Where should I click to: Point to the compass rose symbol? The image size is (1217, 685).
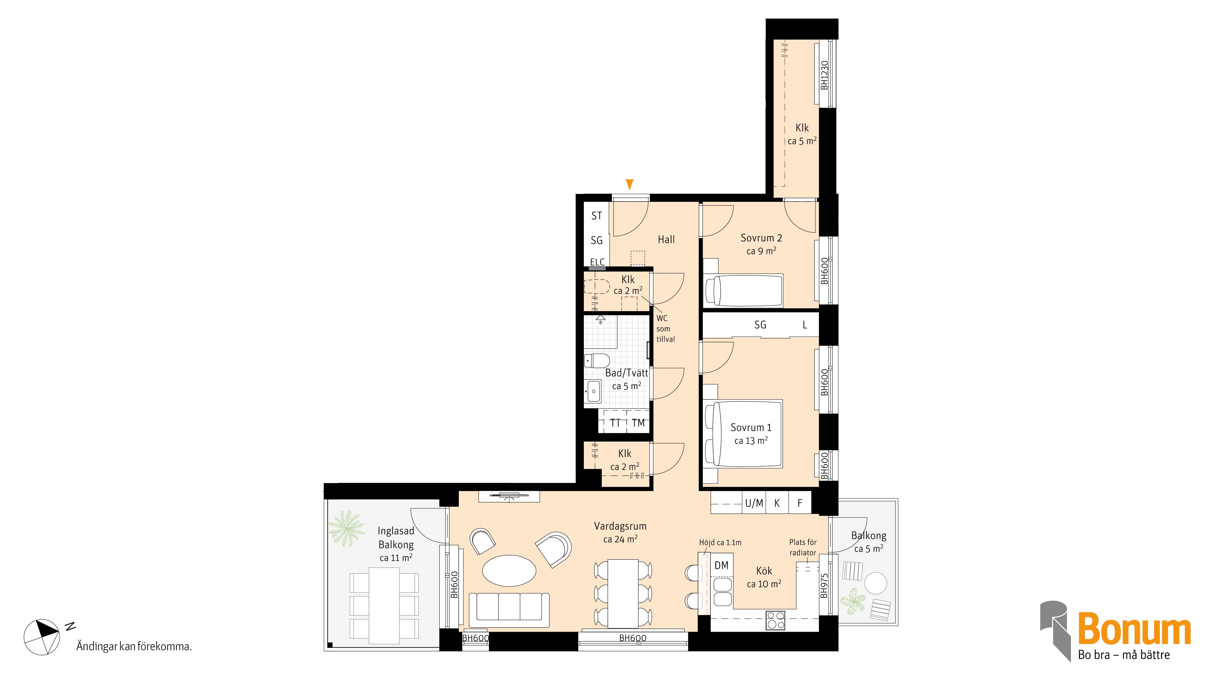point(42,636)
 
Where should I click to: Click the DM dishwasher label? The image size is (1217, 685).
point(721,565)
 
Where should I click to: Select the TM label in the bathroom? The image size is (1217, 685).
point(638,423)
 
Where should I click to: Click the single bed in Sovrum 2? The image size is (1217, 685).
point(744,290)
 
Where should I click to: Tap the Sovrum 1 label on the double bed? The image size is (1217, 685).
point(751,428)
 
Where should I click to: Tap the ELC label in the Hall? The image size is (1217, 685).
point(597,262)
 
